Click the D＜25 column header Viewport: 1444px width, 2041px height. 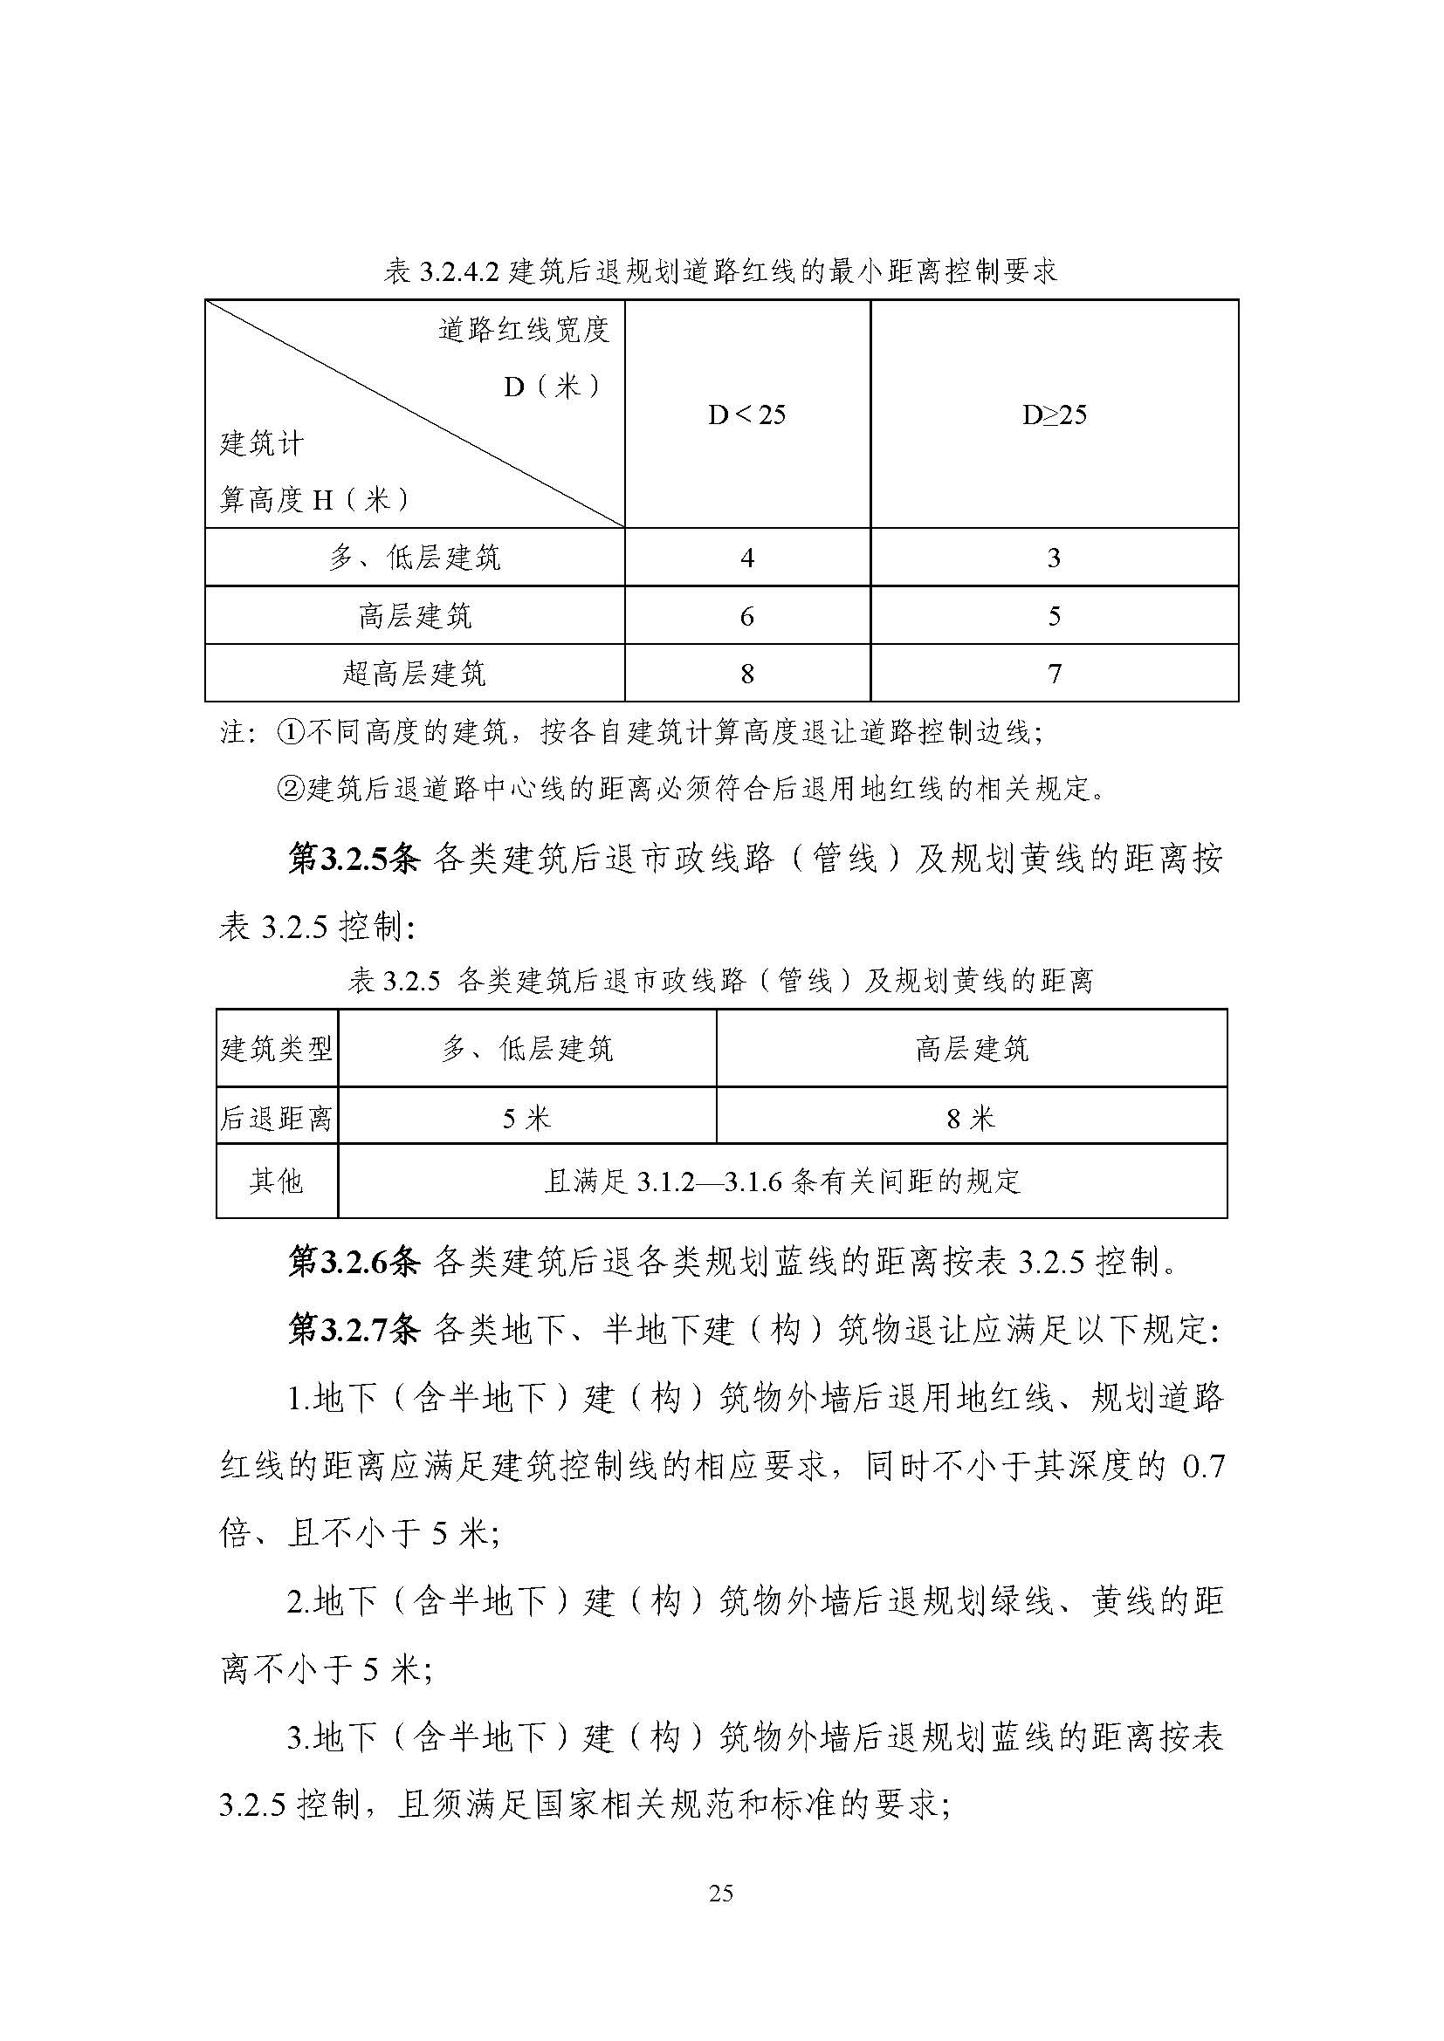[x=747, y=415]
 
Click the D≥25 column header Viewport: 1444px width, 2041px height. [x=1054, y=415]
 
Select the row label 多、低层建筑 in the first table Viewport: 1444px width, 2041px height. [x=415, y=558]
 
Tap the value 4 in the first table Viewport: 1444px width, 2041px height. [x=747, y=558]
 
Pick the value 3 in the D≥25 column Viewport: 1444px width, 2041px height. [x=1054, y=558]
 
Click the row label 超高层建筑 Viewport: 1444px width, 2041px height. [x=415, y=673]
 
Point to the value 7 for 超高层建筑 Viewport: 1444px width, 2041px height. [x=1055, y=674]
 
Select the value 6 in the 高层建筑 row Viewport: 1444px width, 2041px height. [x=747, y=616]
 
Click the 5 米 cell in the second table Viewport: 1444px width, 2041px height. [x=526, y=1119]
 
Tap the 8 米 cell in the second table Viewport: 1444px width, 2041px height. [x=971, y=1119]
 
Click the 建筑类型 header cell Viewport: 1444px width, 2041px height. [x=277, y=1049]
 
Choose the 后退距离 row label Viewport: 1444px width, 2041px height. [x=277, y=1119]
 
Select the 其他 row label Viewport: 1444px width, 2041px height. [x=277, y=1181]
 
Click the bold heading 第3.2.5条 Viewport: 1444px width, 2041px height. [x=354, y=860]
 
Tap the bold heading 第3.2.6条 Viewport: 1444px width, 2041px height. [x=354, y=1263]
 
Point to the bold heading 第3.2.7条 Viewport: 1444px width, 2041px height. [x=354, y=1331]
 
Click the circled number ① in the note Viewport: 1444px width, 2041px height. [x=292, y=732]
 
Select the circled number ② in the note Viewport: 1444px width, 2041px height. [x=292, y=789]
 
